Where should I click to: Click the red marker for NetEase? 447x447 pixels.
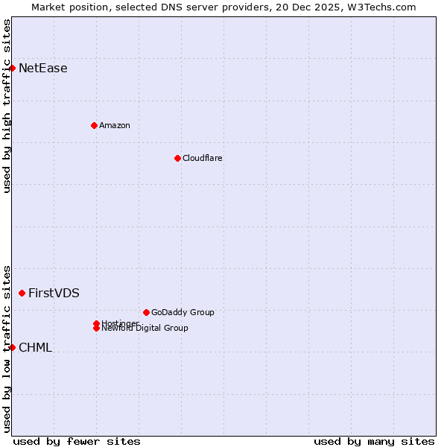(12, 68)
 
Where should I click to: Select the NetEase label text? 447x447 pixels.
(42, 69)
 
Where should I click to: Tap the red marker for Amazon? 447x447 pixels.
(94, 125)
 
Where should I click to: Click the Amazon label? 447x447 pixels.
(114, 125)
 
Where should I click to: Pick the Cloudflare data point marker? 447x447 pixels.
(177, 158)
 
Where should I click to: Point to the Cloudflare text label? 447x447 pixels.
(202, 158)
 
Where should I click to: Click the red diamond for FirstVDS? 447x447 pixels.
(22, 294)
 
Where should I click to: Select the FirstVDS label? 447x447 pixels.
(54, 294)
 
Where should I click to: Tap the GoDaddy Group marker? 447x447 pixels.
(146, 312)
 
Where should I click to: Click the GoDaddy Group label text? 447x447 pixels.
(182, 312)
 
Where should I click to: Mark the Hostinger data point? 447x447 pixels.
(96, 323)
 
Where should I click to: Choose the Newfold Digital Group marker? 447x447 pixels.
(96, 329)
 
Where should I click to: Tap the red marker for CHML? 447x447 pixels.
(12, 347)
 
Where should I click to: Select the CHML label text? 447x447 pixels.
(35, 348)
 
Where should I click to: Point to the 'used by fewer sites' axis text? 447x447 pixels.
(77, 441)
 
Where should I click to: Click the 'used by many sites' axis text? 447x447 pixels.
(374, 441)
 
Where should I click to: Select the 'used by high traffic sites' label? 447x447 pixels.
(7, 106)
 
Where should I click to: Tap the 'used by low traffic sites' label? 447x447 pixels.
(7, 348)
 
